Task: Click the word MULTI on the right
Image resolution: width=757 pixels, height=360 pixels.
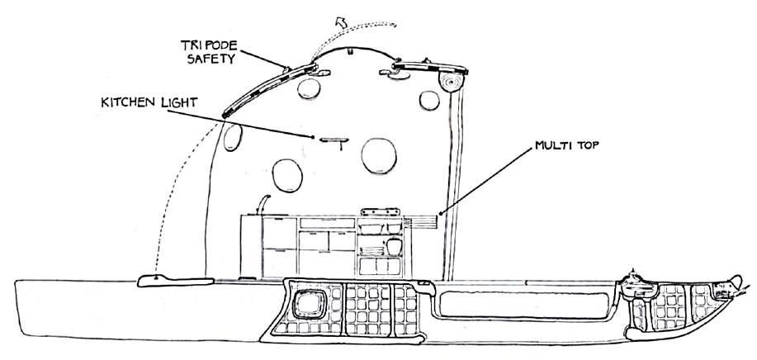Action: [552, 146]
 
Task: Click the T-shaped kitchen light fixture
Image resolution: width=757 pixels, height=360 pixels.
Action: [332, 141]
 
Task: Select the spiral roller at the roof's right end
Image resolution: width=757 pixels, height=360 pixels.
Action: [452, 81]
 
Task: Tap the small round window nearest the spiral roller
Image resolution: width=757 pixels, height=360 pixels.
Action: [429, 99]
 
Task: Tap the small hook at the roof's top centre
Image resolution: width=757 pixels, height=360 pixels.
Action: [352, 52]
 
